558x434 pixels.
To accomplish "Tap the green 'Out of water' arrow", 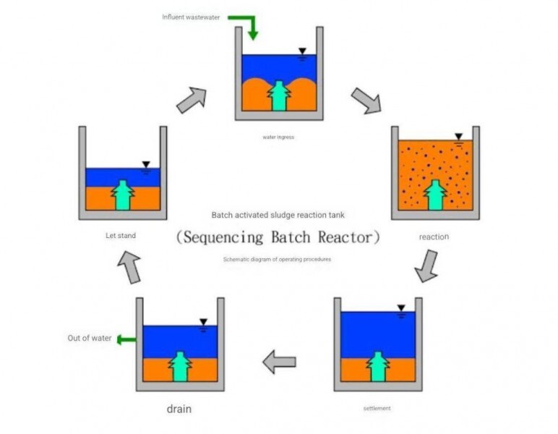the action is (x=126, y=340).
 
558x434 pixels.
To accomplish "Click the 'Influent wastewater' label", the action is (x=191, y=17).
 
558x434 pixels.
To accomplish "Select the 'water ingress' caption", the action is (x=278, y=137).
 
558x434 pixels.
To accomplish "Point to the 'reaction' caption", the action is (x=434, y=237).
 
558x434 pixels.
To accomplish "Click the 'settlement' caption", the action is (x=377, y=409).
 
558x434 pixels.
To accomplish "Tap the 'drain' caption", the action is (x=179, y=409).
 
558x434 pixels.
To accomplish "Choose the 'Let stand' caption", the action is (x=121, y=236).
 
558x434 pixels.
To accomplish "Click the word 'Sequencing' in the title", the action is (x=223, y=237).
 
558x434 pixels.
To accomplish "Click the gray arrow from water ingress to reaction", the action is (x=366, y=101).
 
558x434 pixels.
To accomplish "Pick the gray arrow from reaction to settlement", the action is (x=426, y=266).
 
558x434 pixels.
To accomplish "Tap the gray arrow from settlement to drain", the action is (x=279, y=362).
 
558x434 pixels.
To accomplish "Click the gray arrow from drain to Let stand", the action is (x=129, y=267).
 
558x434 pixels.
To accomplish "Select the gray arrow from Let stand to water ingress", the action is (x=192, y=100).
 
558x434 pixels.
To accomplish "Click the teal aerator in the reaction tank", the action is (x=435, y=195).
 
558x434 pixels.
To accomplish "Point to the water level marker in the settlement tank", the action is (x=401, y=311).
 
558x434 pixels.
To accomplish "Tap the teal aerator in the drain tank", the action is (x=180, y=367).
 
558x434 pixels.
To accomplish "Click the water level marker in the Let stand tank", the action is (x=146, y=167).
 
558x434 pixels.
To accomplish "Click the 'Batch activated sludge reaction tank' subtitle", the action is (x=278, y=215).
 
